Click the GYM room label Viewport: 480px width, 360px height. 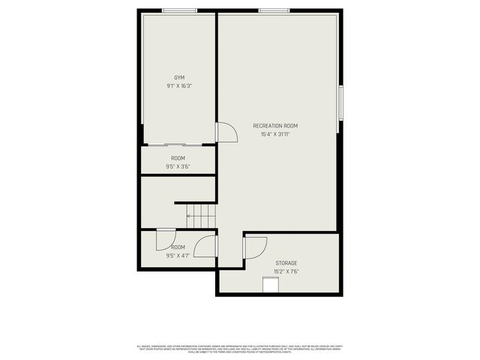[178, 77]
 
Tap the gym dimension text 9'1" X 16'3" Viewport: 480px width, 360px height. [178, 86]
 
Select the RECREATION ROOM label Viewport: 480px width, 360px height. [275, 125]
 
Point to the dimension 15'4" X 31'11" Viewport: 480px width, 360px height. [275, 134]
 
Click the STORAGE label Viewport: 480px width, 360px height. [286, 263]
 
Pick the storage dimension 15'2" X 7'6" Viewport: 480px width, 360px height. [286, 272]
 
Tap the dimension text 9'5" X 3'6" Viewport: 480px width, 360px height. [178, 166]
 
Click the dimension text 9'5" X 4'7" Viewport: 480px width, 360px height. [178, 256]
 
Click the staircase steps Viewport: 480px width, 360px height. [201, 217]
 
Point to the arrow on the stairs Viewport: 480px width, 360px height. [193, 217]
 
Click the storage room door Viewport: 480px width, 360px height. [256, 247]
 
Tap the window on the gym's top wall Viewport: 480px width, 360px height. [180, 10]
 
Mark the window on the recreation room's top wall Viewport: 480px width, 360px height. [274, 10]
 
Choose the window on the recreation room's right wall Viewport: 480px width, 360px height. [340, 103]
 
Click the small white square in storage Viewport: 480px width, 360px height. [270, 286]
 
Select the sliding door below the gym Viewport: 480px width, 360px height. [182, 144]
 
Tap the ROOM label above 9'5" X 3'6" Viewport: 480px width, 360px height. [178, 158]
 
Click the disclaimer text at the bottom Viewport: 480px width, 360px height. [240, 349]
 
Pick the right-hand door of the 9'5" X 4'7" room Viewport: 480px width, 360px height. [206, 246]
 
